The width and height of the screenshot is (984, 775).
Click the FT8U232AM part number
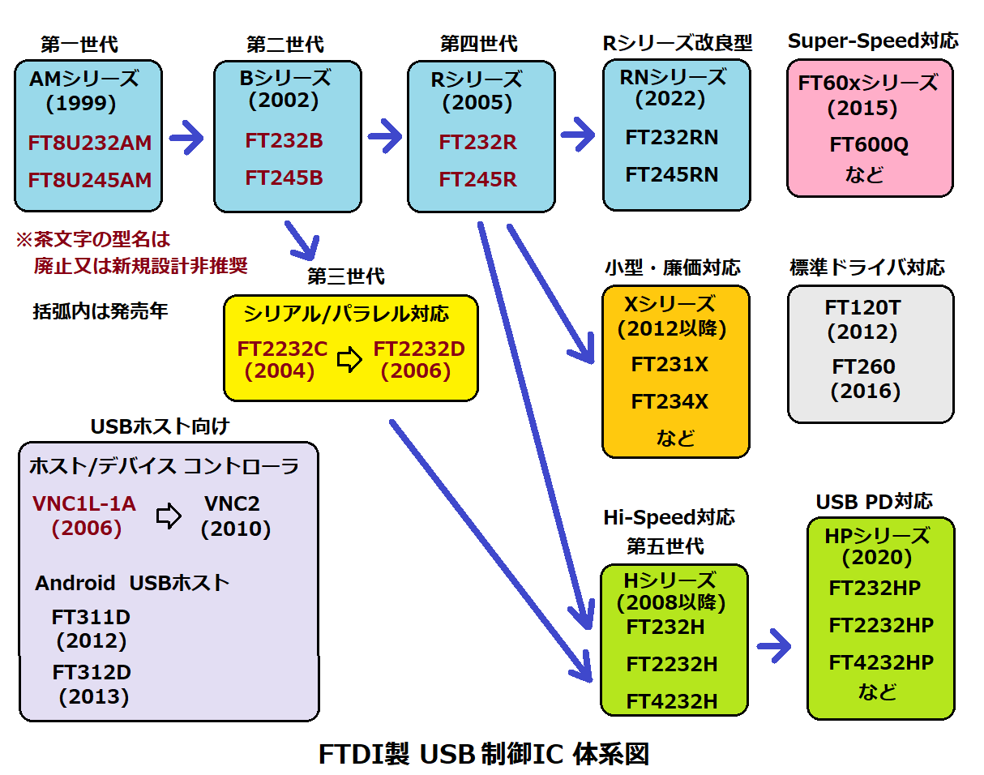[90, 143]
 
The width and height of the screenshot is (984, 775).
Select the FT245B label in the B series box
[285, 178]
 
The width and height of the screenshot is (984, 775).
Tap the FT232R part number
[478, 143]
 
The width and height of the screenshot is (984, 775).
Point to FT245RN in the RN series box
[672, 174]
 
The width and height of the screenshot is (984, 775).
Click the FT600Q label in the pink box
[869, 145]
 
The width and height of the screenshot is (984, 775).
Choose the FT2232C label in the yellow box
[282, 349]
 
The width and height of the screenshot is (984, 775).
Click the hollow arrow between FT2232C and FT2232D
[350, 360]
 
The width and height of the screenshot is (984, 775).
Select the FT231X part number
[670, 365]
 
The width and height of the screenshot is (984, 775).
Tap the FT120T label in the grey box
[862, 308]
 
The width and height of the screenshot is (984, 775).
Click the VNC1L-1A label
[84, 504]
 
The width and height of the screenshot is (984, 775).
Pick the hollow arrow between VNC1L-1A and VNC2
[169, 516]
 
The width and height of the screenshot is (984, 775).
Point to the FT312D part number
[92, 672]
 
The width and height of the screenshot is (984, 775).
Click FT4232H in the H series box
[672, 701]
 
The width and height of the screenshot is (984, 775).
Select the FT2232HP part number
[881, 625]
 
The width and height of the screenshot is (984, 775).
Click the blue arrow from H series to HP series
[774, 646]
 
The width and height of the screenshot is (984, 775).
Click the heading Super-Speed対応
[873, 41]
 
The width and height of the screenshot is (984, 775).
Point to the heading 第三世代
[346, 276]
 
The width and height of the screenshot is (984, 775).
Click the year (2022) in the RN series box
[670, 99]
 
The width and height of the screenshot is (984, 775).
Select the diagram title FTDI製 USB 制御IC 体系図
[484, 754]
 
